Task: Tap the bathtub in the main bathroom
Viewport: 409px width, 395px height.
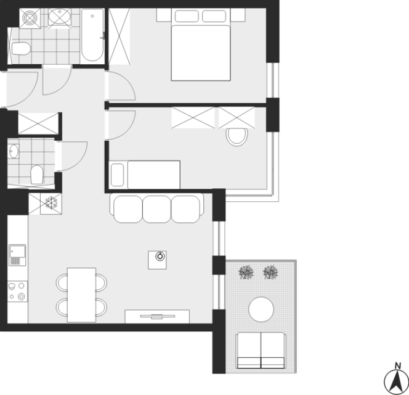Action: coord(92,35)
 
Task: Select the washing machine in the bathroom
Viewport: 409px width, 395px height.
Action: coord(30,19)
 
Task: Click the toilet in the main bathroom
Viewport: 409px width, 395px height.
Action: coord(21,49)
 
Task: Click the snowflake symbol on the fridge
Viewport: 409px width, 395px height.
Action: coord(51,202)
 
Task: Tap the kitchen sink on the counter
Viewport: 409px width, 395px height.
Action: coord(17,255)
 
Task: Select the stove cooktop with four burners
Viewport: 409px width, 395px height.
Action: coord(17,291)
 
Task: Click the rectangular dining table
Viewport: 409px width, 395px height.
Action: coord(81,295)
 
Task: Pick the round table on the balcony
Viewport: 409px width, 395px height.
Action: coord(261,309)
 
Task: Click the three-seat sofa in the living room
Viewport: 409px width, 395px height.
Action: coord(157,208)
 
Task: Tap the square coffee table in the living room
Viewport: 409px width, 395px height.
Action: coord(157,260)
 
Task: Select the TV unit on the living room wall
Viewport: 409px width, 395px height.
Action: coord(157,317)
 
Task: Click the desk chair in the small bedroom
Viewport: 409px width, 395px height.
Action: coord(237,137)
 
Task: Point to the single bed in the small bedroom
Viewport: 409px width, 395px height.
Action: coord(145,175)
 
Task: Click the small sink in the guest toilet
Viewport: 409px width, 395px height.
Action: coord(13,151)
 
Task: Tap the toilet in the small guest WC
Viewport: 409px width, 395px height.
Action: coord(37,175)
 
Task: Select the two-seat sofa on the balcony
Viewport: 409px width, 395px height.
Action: coord(261,351)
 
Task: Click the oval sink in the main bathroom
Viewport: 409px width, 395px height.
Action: coord(60,17)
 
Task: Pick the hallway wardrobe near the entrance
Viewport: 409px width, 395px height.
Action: coord(38,123)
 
